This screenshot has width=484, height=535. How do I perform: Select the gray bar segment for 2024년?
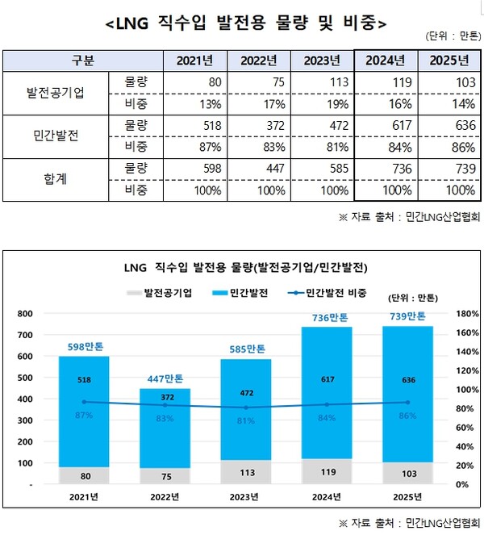point(327,471)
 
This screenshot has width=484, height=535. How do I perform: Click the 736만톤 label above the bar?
point(327,317)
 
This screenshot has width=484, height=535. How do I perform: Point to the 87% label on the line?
point(84,415)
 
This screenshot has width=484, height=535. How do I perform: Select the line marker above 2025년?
point(407,402)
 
